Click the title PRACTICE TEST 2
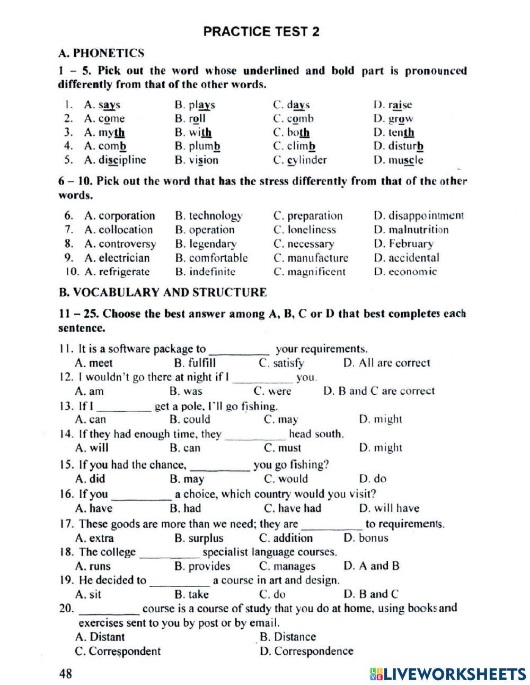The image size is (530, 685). [261, 32]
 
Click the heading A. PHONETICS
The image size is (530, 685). [101, 53]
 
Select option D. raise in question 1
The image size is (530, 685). [392, 105]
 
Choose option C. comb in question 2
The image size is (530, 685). [293, 119]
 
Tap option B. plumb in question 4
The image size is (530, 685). [197, 146]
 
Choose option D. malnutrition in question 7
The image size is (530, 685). [411, 230]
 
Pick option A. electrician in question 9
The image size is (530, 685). [117, 258]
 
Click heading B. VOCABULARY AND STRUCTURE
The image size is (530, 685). [162, 292]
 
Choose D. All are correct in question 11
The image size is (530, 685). [386, 363]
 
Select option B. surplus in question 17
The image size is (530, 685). [199, 538]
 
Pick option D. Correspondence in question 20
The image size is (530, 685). [306, 651]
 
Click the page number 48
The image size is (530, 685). [66, 674]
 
